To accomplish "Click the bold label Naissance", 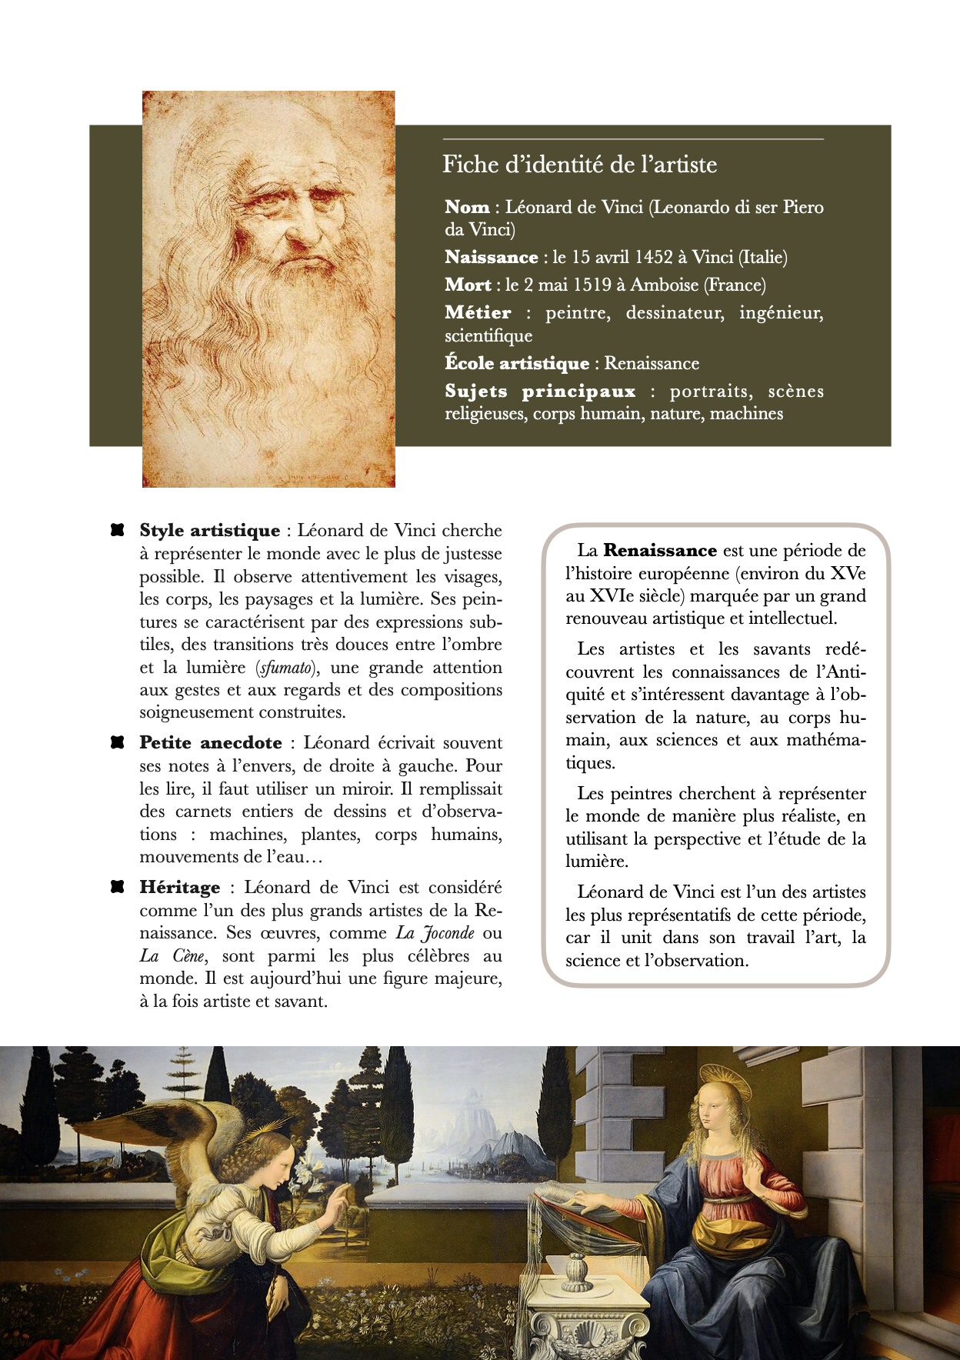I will pos(491,258).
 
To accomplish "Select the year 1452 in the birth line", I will pos(654,258).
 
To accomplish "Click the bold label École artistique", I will pos(516,364).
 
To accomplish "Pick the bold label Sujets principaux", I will pos(540,392).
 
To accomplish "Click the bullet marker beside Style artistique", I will pos(117,530).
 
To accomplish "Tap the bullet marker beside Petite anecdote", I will pos(117,742).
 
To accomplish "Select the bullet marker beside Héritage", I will pos(117,887).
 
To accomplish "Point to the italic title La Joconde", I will pos(435,933).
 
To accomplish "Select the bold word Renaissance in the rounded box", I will pos(660,551).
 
